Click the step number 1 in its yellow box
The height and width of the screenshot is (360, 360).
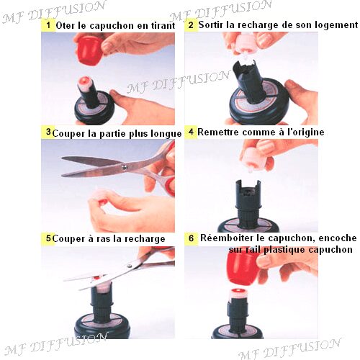(x=49, y=25)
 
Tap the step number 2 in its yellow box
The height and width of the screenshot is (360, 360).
(x=191, y=25)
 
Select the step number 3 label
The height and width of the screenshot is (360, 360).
(x=48, y=132)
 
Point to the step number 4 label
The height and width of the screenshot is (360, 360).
(x=191, y=132)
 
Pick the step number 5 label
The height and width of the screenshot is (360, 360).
(x=48, y=238)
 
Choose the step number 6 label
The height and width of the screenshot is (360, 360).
(x=191, y=238)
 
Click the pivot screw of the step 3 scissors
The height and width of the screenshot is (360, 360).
(x=124, y=166)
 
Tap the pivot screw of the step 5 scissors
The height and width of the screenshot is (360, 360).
(x=130, y=266)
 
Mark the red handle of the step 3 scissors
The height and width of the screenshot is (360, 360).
(x=171, y=182)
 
